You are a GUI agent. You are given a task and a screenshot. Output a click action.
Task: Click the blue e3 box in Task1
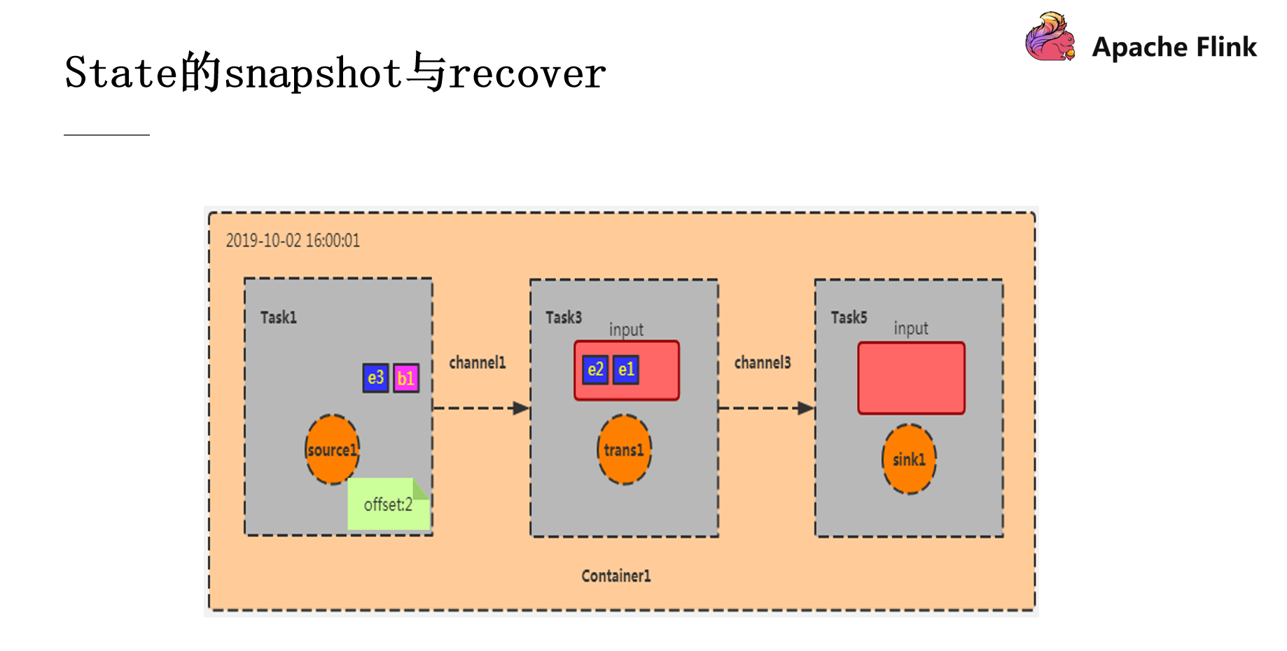tap(375, 379)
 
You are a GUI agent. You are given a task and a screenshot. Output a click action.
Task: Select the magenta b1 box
tap(406, 379)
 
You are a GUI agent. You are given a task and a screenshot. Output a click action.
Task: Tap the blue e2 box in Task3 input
tap(595, 370)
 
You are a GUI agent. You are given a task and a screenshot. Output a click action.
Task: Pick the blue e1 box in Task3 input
tap(626, 370)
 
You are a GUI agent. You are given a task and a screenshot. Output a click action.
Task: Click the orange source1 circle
tap(333, 449)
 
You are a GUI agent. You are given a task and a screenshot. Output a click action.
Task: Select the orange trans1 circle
tap(624, 449)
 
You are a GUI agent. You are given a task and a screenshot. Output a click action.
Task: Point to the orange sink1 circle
tap(909, 459)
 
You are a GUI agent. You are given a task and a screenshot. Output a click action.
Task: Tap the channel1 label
tap(477, 363)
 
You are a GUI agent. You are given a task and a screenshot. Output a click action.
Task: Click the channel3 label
tap(762, 363)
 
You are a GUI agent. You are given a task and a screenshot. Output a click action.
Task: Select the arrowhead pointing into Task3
tap(521, 408)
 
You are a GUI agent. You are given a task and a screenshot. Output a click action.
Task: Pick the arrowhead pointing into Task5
tap(806, 408)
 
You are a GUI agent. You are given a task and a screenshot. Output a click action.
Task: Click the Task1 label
tap(279, 318)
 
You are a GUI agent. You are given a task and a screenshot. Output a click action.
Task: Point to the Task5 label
tap(849, 318)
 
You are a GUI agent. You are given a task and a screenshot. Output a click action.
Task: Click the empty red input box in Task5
tap(911, 378)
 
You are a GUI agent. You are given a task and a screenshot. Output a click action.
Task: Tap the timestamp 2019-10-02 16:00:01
tap(293, 241)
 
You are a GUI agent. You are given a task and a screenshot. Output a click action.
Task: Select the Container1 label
tap(615, 576)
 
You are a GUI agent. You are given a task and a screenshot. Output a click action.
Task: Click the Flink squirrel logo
tap(1050, 37)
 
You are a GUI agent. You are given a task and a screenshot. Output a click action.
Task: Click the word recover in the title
tap(527, 73)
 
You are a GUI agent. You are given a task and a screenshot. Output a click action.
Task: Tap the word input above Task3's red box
tap(626, 329)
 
